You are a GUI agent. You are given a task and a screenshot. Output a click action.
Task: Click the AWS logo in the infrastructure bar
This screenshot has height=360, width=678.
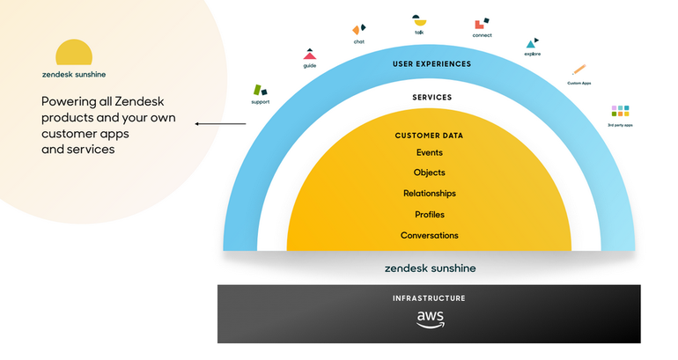point(429,320)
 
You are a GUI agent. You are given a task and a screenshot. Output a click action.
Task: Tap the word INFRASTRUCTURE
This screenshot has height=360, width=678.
point(429,298)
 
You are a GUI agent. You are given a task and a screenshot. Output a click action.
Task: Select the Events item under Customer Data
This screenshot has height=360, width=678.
point(429,152)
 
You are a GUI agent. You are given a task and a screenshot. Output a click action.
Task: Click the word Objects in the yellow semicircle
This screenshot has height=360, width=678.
point(429,173)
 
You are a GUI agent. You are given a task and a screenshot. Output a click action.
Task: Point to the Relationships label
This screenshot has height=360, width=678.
point(429,194)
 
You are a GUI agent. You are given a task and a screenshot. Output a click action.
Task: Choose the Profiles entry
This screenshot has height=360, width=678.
point(429,215)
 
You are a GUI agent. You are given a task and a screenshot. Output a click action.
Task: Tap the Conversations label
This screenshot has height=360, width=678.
point(429,236)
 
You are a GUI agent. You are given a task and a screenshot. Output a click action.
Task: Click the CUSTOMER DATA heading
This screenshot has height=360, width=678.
point(429,136)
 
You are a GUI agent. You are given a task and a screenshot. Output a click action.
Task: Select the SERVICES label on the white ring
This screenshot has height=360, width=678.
point(431,97)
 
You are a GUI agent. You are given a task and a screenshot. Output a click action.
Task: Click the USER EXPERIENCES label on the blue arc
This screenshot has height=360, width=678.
point(431,63)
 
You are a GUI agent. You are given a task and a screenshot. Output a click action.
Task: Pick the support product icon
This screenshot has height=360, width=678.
point(261,90)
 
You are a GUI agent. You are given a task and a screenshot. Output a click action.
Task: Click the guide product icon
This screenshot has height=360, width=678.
point(309,55)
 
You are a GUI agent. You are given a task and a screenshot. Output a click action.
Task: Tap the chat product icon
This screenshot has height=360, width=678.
point(359,30)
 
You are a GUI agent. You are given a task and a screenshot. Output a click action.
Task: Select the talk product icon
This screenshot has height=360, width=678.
point(419,20)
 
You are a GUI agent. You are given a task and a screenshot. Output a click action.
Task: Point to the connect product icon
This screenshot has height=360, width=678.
point(481,24)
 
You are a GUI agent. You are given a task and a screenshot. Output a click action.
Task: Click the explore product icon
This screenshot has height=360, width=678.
point(532,42)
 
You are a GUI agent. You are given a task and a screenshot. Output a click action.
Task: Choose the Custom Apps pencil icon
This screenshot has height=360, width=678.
point(579,70)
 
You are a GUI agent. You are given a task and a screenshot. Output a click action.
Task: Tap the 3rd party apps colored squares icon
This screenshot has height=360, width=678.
point(620,111)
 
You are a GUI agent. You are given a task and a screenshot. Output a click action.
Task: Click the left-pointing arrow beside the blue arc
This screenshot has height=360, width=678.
point(220,124)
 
